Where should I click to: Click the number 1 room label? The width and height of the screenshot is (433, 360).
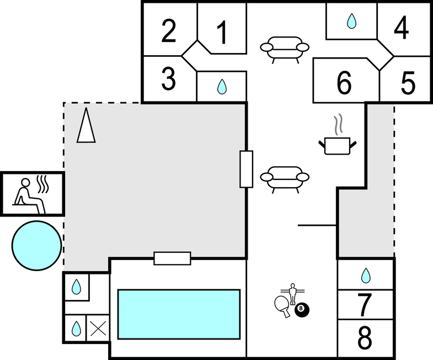point(222,33)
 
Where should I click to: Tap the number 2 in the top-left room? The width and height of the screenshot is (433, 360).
point(169,31)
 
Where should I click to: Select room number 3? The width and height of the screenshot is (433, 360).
point(169,80)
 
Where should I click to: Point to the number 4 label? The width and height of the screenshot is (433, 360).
point(402,28)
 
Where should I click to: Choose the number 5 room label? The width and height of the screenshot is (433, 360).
point(408,83)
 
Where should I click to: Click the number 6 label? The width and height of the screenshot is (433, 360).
point(344,83)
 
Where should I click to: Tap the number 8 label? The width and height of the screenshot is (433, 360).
point(365,338)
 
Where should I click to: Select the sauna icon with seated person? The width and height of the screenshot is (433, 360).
point(32,193)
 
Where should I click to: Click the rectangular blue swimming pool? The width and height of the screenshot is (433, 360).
point(179,314)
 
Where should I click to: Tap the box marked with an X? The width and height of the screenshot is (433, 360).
point(99,329)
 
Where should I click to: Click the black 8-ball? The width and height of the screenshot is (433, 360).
point(302,310)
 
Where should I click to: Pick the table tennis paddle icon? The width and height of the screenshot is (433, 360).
point(282,305)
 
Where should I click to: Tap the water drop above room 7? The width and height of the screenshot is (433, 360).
point(365,274)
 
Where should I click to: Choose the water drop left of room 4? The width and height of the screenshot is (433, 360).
point(351,22)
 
